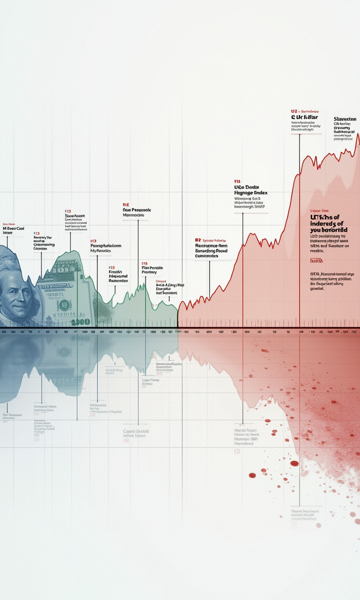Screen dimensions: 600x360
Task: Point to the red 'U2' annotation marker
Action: (294, 112)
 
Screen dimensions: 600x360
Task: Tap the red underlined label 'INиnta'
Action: (317, 261)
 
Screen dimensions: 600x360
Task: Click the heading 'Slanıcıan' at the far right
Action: (345, 120)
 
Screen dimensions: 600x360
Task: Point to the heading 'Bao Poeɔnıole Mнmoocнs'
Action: (136, 214)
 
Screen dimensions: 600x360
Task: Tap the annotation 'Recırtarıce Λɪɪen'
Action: (211, 246)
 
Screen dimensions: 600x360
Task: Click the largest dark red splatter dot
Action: (294, 463)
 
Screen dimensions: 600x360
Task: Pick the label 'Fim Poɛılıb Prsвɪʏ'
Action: (152, 270)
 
